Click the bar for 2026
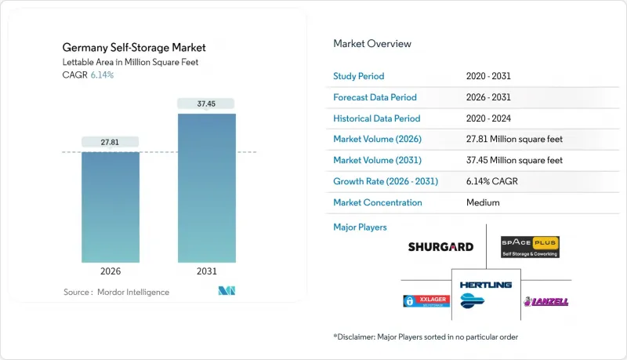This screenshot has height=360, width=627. [111, 207]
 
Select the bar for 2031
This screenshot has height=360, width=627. [206, 188]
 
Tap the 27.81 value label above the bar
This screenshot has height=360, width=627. [111, 142]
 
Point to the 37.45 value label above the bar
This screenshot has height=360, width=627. [206, 104]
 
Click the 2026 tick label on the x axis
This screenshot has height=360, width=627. [111, 271]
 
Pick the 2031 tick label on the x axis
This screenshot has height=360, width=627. [206, 271]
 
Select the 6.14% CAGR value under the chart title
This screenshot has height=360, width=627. [101, 75]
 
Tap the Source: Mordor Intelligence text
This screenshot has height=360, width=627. [116, 292]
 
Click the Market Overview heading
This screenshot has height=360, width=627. [372, 44]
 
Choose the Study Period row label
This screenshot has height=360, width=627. [360, 76]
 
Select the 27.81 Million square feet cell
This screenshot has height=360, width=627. [513, 139]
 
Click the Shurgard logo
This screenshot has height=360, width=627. [440, 246]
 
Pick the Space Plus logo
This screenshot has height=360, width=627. [530, 247]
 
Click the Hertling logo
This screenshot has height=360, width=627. [486, 291]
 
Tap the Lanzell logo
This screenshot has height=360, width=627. [545, 301]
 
